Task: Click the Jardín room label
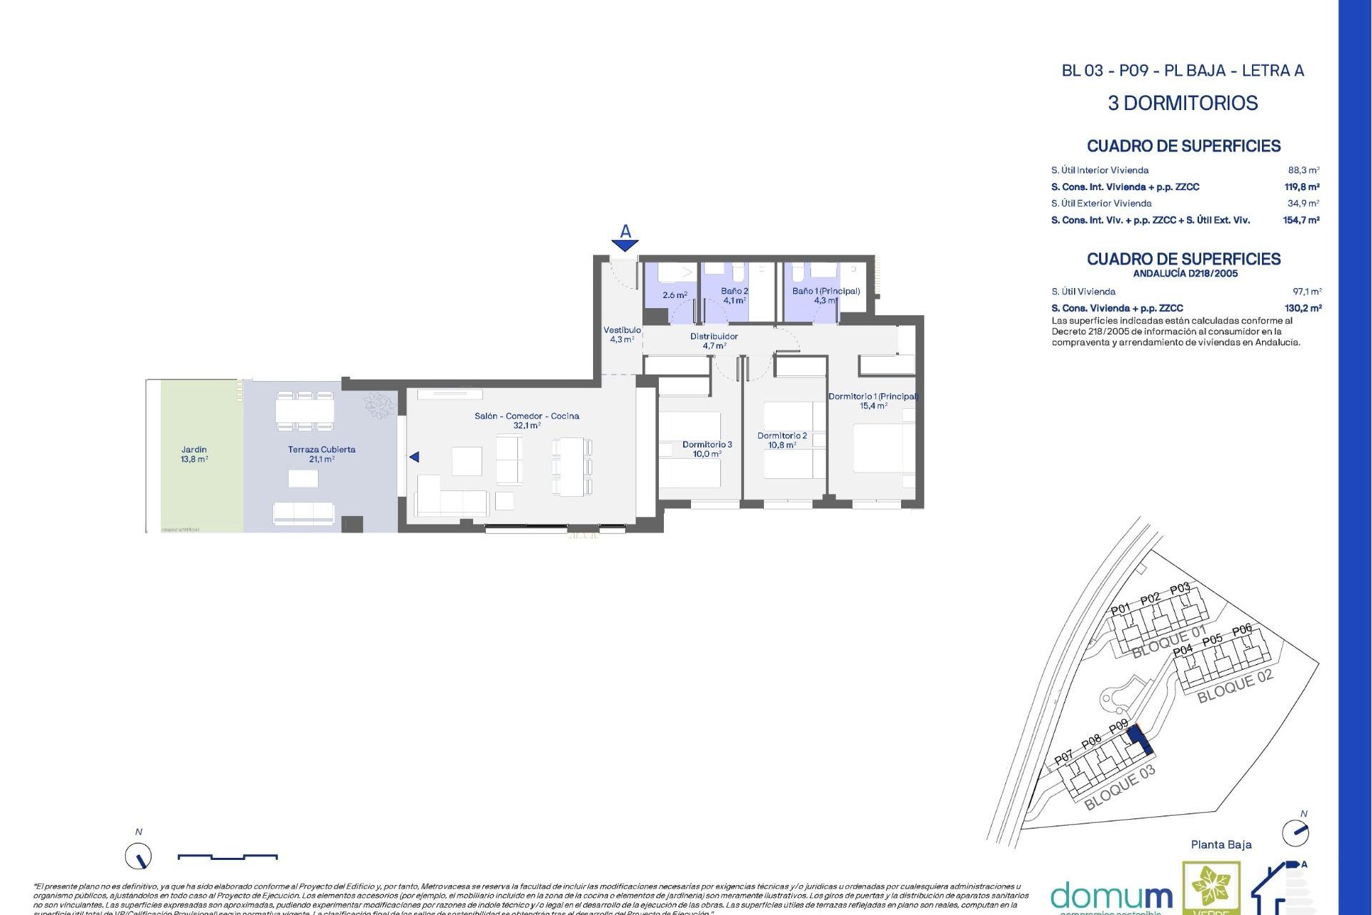tap(194, 454)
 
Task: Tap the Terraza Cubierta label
tap(322, 454)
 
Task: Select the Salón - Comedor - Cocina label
tap(527, 420)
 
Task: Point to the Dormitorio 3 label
tap(707, 449)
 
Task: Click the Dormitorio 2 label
tap(782, 440)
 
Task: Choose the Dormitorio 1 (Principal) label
tap(873, 400)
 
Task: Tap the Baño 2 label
tap(734, 295)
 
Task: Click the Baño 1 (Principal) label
tap(825, 295)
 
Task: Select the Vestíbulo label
tap(622, 335)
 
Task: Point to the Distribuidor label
tap(714, 340)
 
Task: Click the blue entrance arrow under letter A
tap(625, 245)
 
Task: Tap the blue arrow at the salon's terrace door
tap(414, 457)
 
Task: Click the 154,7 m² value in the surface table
tap(1301, 220)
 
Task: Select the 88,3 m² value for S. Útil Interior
tap(1303, 170)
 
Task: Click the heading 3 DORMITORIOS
tap(1183, 103)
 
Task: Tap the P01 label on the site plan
tap(1120, 609)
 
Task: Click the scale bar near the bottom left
tap(227, 856)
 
